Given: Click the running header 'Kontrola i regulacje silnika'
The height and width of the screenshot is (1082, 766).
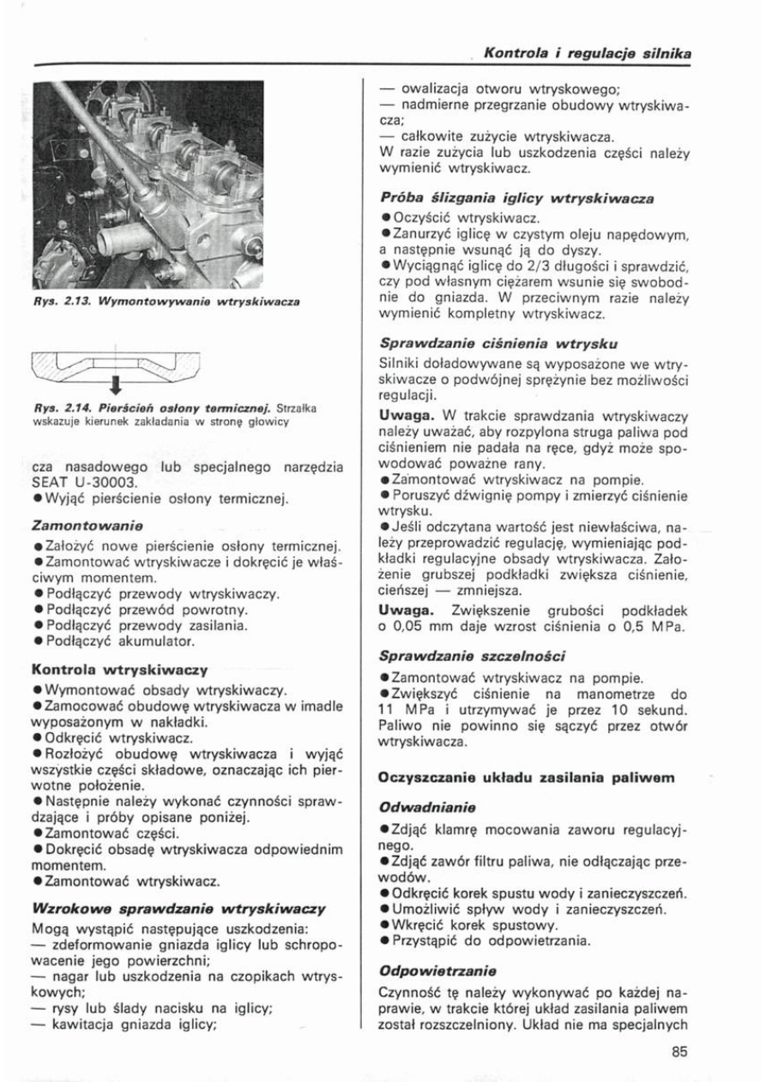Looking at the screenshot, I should point(588,54).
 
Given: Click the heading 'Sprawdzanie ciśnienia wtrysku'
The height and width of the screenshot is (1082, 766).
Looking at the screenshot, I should point(499,344).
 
